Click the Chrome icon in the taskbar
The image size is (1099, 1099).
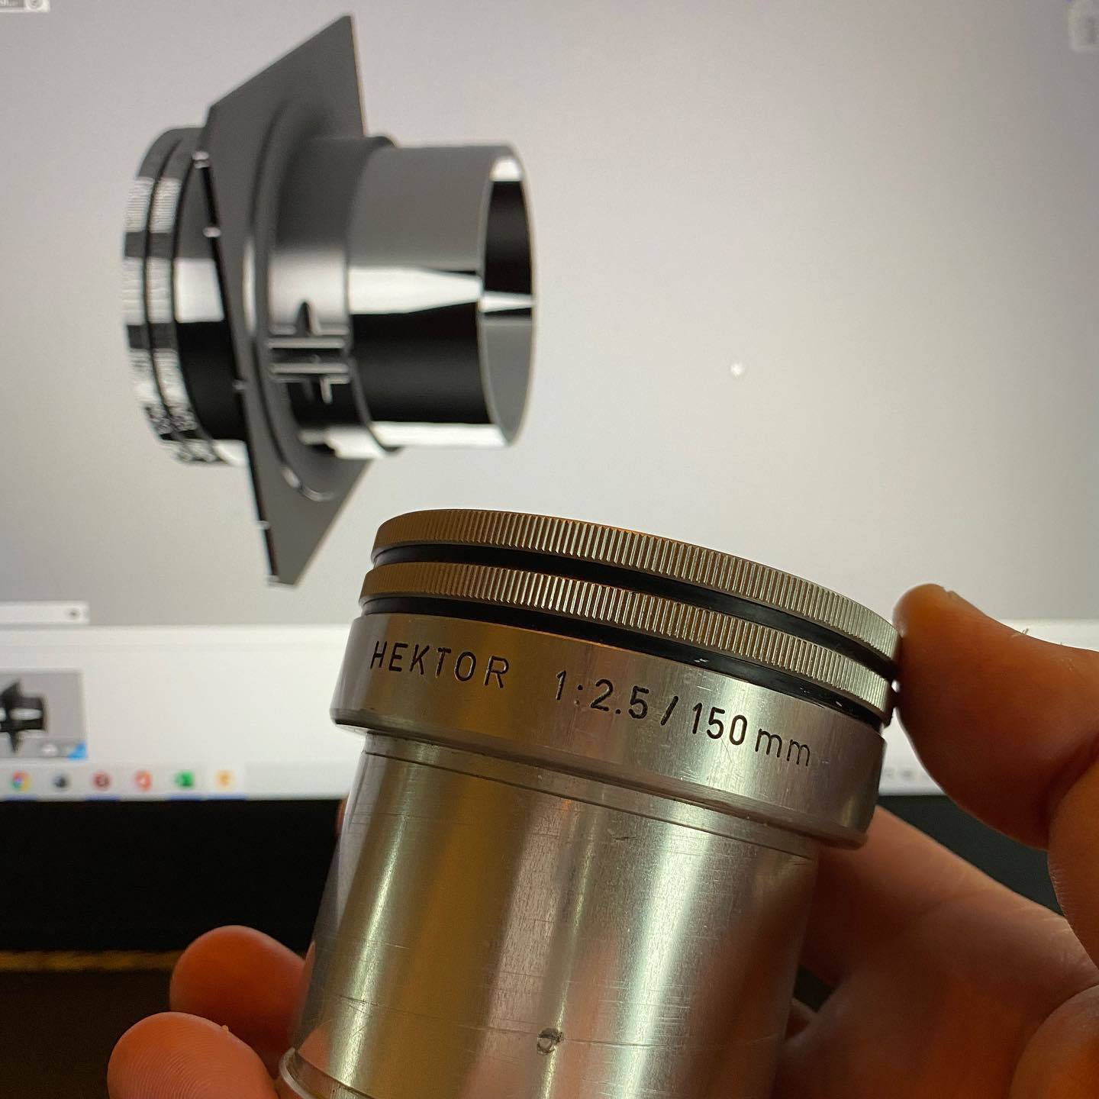[x=21, y=780]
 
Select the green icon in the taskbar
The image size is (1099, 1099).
[x=184, y=780]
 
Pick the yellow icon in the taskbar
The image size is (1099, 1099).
[x=224, y=779]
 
